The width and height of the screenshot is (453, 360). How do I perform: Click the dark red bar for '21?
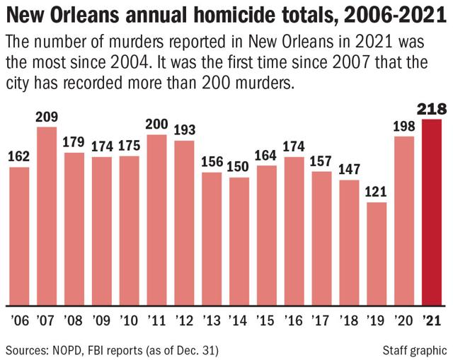coord(430,211)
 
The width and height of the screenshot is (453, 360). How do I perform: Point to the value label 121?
coord(377,192)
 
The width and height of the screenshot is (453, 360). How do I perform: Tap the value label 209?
coord(47,116)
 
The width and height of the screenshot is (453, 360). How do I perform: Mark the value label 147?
coord(349,169)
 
